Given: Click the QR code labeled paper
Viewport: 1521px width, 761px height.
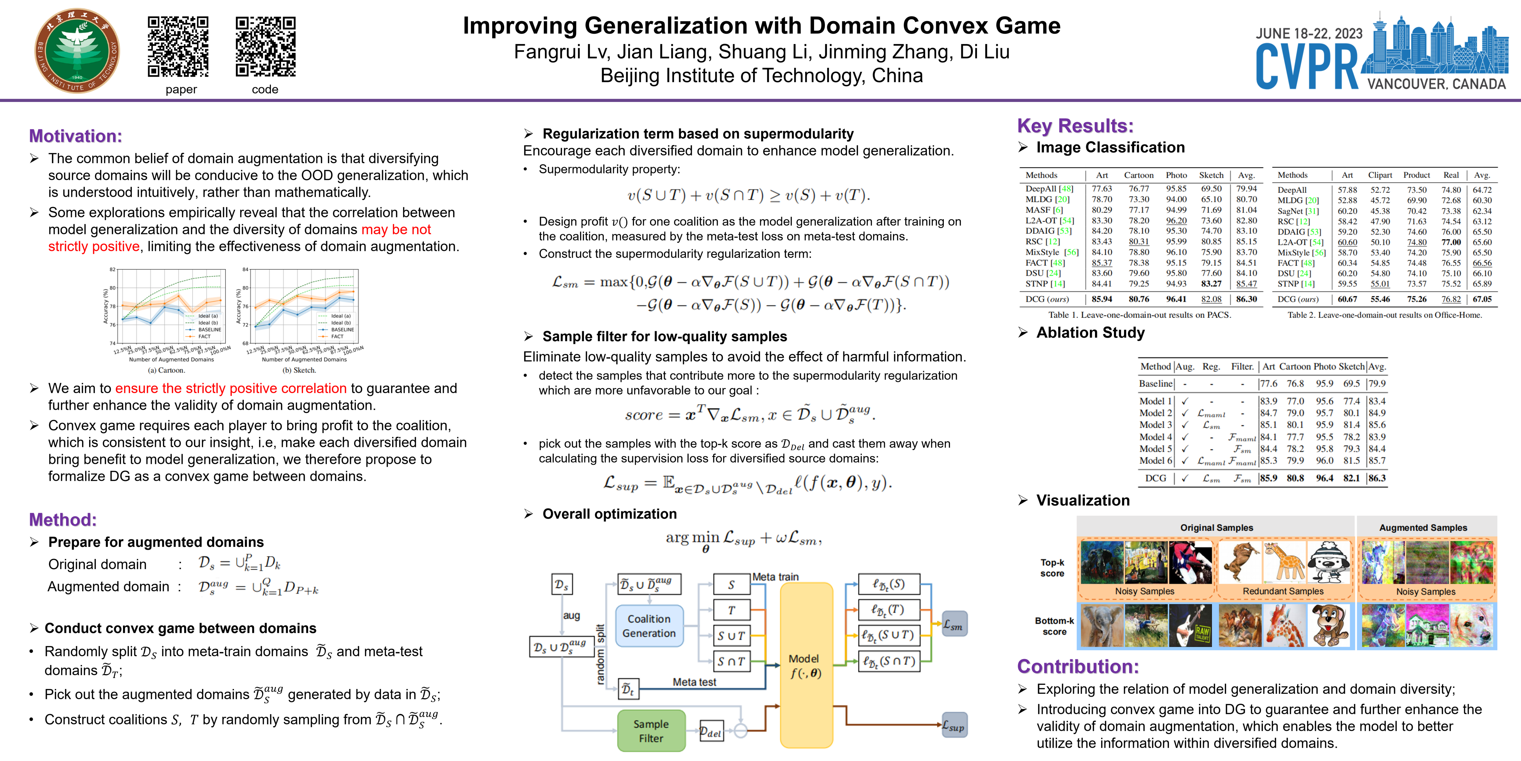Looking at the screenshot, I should click(178, 47).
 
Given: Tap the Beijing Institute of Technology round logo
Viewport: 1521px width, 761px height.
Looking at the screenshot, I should click(77, 51).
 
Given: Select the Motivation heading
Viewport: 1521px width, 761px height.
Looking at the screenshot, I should click(75, 136).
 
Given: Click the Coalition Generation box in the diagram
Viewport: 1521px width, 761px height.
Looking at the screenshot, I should click(649, 626).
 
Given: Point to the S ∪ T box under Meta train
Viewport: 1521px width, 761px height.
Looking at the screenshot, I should click(731, 636).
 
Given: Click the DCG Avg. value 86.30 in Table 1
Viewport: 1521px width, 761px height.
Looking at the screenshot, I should click(1247, 299).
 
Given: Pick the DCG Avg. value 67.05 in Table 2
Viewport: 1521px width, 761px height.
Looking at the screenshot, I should click(1482, 299).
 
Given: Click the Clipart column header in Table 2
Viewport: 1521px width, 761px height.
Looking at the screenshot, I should click(1380, 175).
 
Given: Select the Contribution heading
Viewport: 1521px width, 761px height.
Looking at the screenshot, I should click(1077, 666).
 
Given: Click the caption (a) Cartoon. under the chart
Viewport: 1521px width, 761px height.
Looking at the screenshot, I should click(166, 370).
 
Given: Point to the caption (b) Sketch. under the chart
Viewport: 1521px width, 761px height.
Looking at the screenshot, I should click(299, 370).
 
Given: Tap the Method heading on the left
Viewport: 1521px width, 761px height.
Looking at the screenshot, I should click(63, 520).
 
